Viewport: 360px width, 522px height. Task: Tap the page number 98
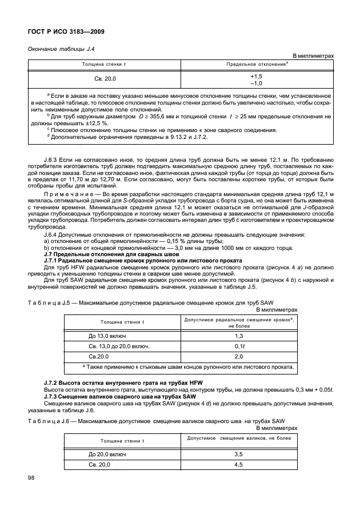coord(31,477)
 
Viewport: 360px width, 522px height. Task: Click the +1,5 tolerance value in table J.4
coord(256,76)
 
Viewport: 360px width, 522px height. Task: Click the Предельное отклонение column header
coord(257,65)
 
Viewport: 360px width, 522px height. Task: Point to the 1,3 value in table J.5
coord(238,335)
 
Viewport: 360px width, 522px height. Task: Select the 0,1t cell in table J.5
coord(238,346)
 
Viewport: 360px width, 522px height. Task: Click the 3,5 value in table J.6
coord(238,453)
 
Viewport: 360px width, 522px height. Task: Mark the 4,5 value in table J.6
coord(238,464)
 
